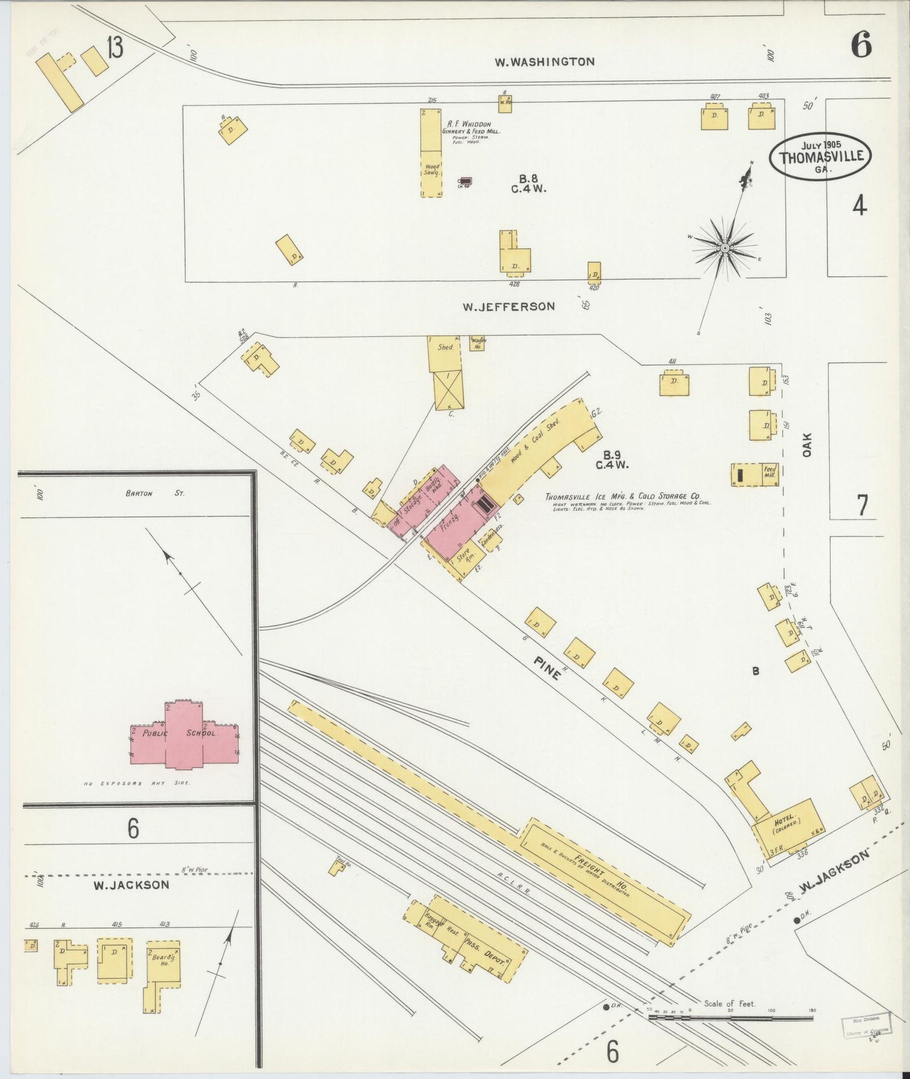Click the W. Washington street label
pos(544,62)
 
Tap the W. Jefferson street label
pos(509,307)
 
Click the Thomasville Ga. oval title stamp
pos(821,157)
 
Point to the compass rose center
pos(725,247)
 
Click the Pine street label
pos(547,668)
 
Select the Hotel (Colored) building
pos(788,825)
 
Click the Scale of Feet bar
pos(731,1018)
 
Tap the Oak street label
pos(807,444)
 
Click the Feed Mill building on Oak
pos(754,474)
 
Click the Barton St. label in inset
pos(154,494)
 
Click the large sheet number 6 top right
pos(861,45)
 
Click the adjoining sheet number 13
pos(115,48)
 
